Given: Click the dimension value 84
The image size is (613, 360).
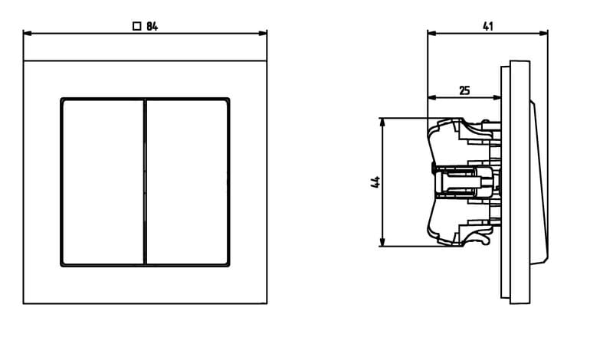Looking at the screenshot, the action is point(152,27).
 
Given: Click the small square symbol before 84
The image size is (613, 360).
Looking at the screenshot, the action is point(137,26).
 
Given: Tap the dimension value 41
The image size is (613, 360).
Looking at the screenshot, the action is point(488,27).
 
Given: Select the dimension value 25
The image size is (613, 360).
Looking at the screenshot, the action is point(464,90).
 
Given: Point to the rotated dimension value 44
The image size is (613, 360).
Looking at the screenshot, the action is point(375,182).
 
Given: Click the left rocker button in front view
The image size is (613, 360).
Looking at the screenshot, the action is point(103,182).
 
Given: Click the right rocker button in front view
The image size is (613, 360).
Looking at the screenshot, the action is point(187,182).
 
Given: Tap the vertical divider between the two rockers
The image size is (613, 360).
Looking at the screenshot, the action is point(145,182).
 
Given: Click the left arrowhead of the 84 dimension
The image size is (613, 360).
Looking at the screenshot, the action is point(28,33).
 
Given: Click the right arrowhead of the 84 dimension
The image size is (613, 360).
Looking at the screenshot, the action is point(263,33).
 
